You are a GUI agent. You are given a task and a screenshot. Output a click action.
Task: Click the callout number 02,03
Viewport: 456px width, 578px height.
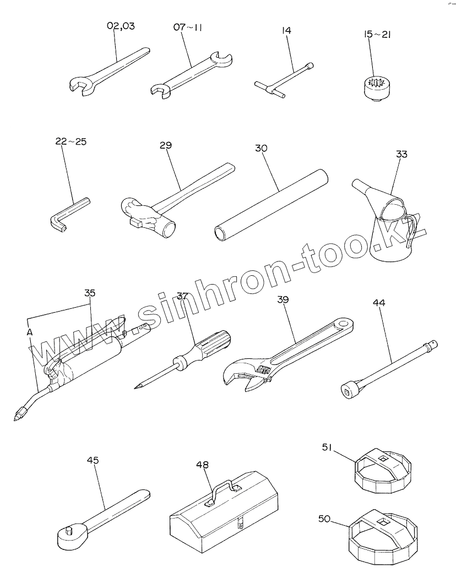point(121,26)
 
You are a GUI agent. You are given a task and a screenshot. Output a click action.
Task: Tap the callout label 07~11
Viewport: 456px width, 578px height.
point(187,27)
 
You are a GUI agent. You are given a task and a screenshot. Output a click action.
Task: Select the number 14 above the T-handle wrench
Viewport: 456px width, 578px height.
point(286,31)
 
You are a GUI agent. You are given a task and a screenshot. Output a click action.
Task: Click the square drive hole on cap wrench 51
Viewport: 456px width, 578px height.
point(383,458)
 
